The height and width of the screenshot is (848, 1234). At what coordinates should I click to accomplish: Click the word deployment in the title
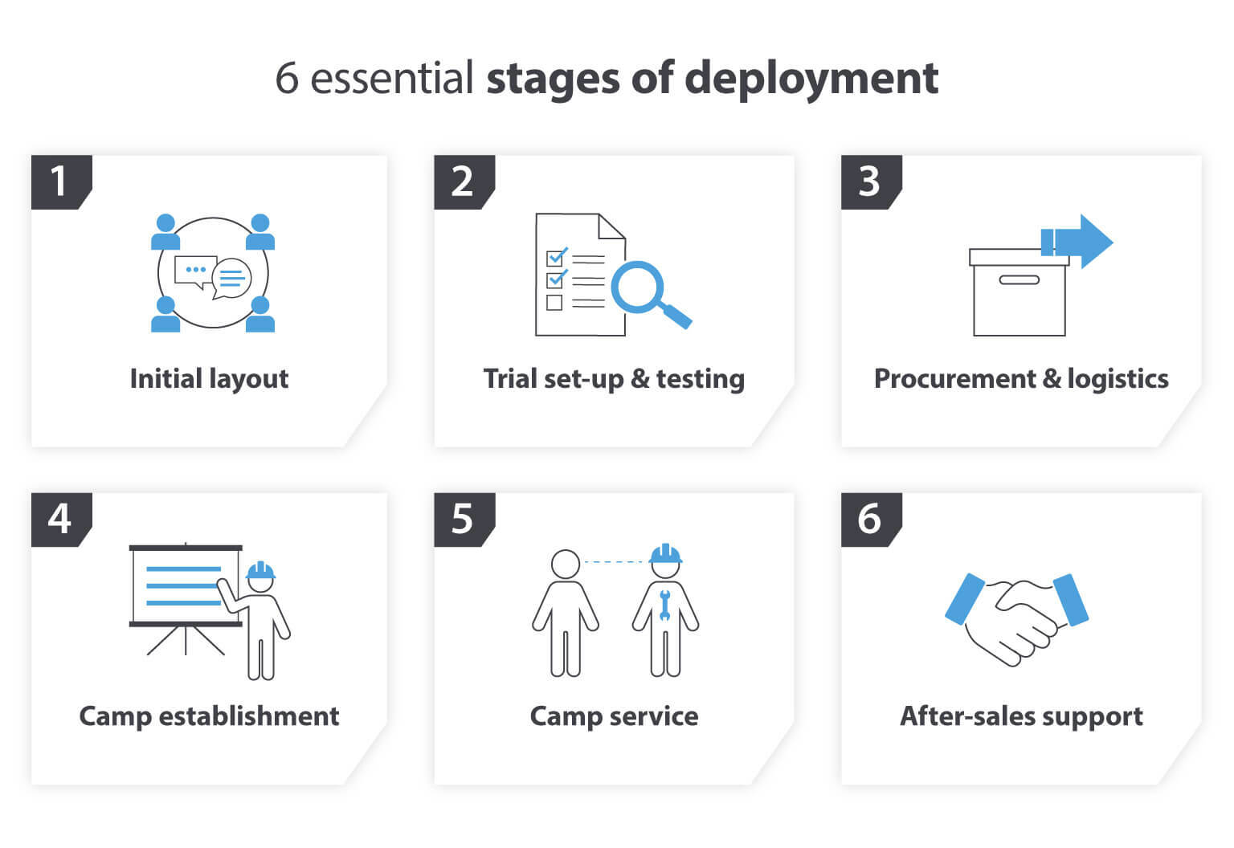point(811,79)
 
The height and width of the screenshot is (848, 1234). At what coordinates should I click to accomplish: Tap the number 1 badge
point(59,181)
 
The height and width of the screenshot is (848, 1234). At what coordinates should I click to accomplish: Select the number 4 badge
point(59,519)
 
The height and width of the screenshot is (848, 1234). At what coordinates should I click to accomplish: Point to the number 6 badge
point(869,519)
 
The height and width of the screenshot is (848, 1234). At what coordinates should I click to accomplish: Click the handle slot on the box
point(1019,280)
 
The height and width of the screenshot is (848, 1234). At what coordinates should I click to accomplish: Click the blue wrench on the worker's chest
point(664,605)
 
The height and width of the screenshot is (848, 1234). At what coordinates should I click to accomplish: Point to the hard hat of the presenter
point(260,571)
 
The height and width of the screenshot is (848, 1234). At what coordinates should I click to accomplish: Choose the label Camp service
point(614,715)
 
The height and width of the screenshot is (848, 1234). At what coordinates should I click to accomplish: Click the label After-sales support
point(1020,715)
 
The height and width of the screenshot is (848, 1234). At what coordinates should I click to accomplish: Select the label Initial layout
point(209,378)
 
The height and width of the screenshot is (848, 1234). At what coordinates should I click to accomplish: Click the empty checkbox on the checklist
point(554,303)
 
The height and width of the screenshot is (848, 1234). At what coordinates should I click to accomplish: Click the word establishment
point(249,715)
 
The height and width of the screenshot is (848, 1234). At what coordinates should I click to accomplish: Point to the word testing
point(700,378)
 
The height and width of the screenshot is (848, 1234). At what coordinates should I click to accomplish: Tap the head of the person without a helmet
point(566,564)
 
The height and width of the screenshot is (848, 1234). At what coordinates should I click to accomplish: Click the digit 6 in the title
point(287,79)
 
